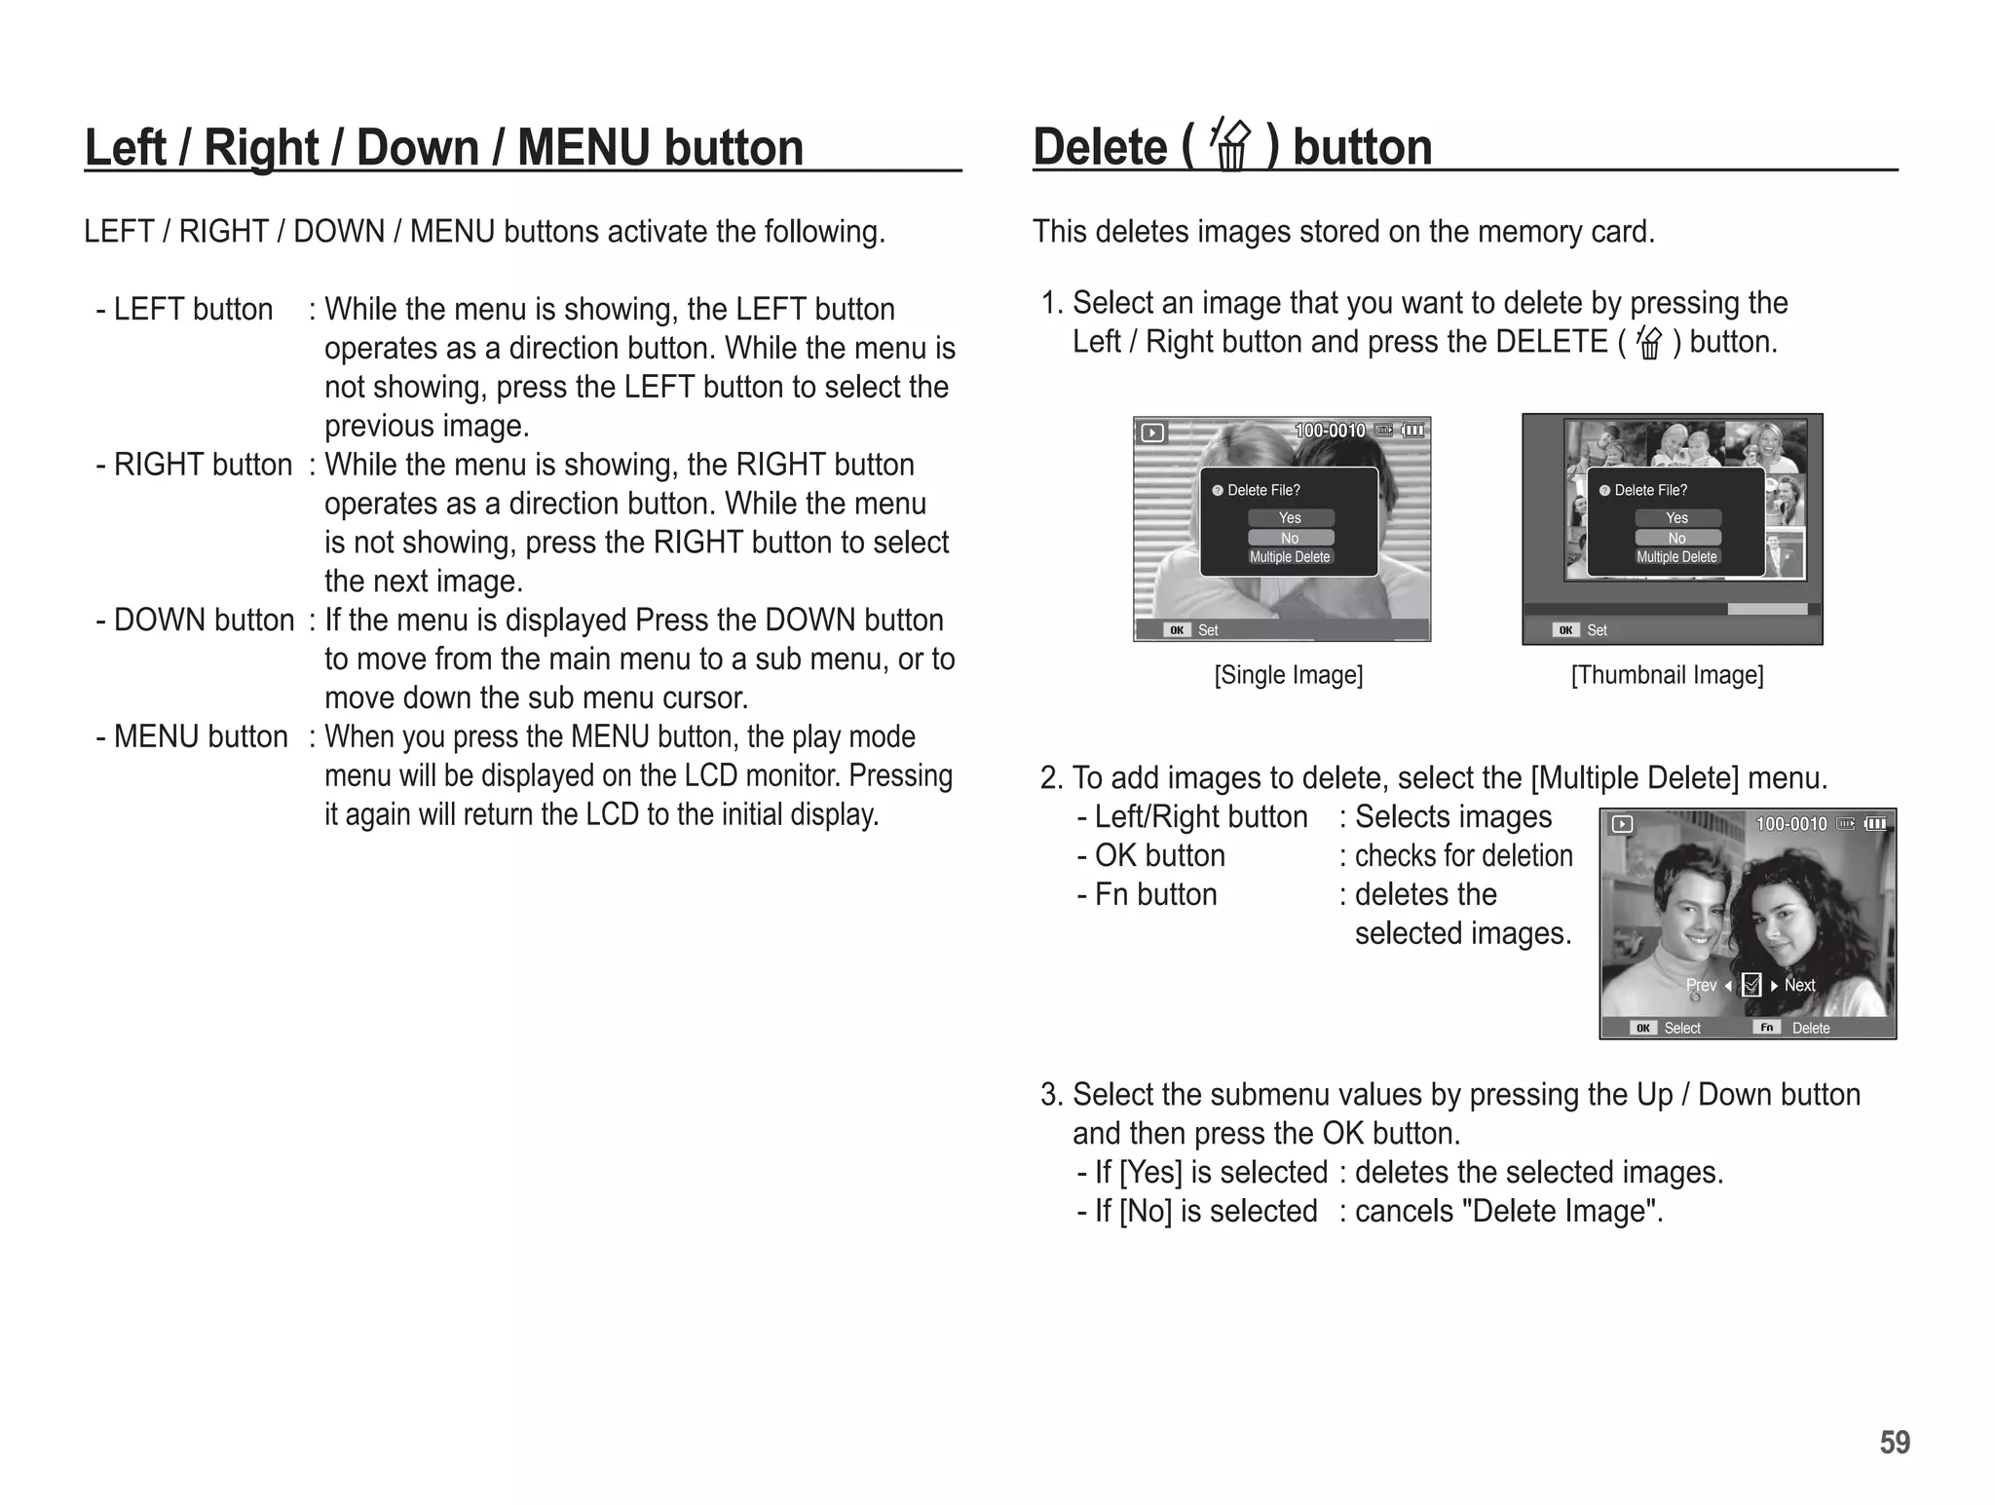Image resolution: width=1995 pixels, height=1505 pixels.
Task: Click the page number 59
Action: pos(1894,1442)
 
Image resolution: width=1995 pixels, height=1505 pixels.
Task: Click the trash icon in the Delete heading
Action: pos(1230,147)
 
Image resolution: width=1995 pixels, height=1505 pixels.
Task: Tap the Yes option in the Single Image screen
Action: pos(1290,518)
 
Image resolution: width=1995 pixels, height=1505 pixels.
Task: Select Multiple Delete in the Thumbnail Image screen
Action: pos(1676,557)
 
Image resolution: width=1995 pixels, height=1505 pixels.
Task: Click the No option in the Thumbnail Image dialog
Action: pos(1676,538)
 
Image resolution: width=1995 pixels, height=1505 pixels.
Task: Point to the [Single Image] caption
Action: pos(1288,675)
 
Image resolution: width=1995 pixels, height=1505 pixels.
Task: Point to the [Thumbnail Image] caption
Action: pos(1667,675)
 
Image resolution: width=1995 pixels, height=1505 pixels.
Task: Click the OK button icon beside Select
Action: pos(1642,1028)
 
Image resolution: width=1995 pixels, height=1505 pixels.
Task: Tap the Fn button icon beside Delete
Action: pos(1766,1028)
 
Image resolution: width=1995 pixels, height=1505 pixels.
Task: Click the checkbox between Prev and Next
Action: pos(1750,985)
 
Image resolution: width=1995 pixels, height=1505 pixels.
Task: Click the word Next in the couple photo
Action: pos(1799,985)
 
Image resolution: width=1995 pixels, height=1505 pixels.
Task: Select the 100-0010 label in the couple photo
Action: pos(1790,824)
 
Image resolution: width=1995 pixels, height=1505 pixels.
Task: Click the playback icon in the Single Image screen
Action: pos(1152,433)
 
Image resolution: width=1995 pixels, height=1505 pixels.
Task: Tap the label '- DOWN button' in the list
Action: pos(196,621)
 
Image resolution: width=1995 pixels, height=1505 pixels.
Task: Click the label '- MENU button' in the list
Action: pos(192,737)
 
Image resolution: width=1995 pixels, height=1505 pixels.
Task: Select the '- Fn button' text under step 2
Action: pos(1147,894)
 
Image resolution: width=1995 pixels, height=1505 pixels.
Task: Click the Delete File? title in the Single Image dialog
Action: pos(1262,490)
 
